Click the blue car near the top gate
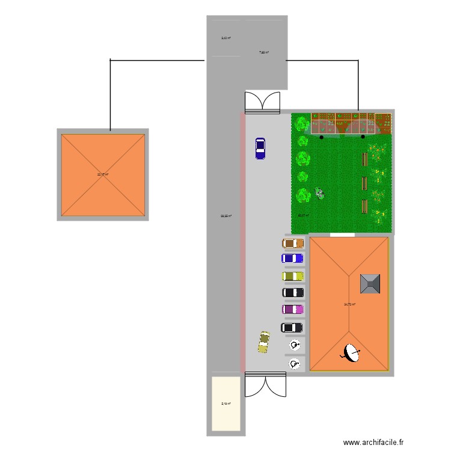[x=260, y=149]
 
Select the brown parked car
[x=293, y=244]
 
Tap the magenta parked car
[x=293, y=309]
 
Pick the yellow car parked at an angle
[x=264, y=341]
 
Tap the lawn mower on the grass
[x=320, y=194]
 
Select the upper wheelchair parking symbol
[x=295, y=345]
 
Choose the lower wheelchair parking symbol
[x=294, y=364]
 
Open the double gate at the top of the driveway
[x=263, y=102]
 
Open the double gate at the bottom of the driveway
[x=265, y=384]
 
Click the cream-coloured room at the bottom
[x=226, y=403]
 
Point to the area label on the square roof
[x=103, y=174]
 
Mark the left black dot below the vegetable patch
[x=322, y=137]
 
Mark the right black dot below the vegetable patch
[x=363, y=137]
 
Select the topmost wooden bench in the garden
[x=364, y=159]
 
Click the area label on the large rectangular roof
[x=349, y=304]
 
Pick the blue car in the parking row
[x=293, y=258]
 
